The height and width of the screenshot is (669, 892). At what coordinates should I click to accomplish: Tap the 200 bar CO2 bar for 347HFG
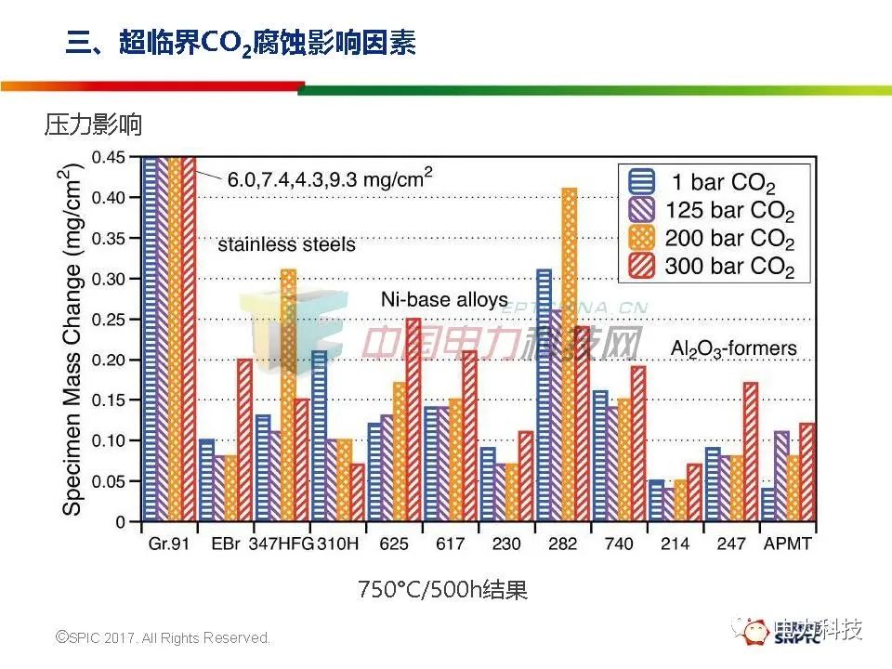(x=289, y=395)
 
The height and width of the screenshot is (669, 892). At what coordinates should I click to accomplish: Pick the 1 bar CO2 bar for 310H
(x=319, y=437)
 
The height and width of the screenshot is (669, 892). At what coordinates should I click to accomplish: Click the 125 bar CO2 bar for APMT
(x=781, y=476)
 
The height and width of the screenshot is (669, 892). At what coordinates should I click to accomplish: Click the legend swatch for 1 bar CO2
(x=641, y=181)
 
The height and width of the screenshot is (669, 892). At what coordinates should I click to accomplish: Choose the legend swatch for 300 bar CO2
(x=641, y=268)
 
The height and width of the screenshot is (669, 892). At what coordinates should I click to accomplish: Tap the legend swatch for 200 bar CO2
(x=641, y=239)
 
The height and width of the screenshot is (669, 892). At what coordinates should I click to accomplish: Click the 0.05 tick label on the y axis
(x=110, y=481)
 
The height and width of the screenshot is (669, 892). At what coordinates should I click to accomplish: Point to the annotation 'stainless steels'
(x=286, y=245)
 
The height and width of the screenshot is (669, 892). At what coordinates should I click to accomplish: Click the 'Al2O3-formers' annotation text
(x=734, y=349)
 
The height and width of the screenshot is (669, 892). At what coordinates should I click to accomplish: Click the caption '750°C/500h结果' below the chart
(x=443, y=590)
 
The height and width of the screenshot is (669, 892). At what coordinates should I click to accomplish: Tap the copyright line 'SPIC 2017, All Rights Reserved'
(x=164, y=638)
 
